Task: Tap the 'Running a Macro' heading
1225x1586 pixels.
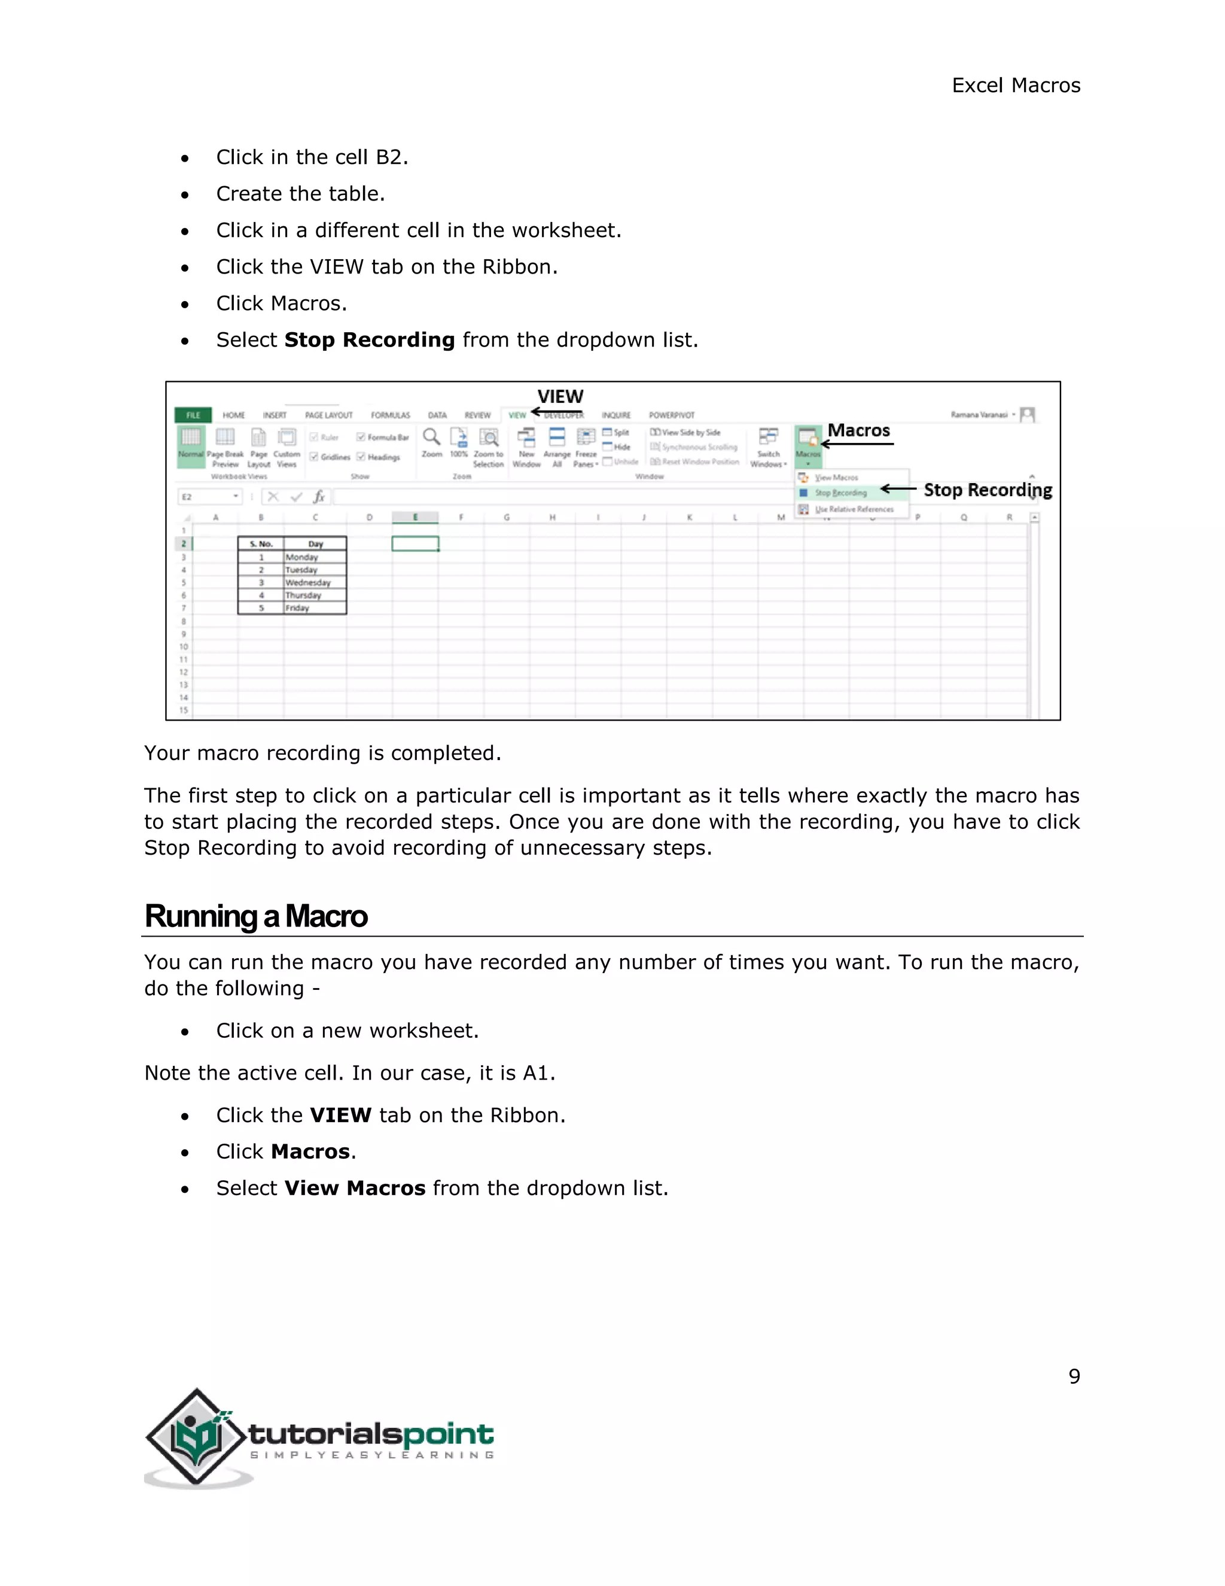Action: coord(256,916)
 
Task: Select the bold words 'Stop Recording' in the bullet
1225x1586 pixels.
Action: coord(370,340)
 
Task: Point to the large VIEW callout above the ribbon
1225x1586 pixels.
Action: coord(560,396)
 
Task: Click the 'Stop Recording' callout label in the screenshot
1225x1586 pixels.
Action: coord(987,490)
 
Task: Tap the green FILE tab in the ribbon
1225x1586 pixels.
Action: coord(193,415)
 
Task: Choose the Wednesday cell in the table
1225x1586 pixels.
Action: coord(307,582)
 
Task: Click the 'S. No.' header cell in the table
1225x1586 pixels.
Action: coord(261,544)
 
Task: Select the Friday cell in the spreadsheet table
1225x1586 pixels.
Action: coord(297,608)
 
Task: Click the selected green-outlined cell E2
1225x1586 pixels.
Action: coord(415,544)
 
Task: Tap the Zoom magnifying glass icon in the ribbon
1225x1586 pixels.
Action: coord(432,437)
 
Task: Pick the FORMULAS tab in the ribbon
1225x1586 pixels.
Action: coord(391,415)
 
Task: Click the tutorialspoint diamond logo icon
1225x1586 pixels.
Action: coord(196,1437)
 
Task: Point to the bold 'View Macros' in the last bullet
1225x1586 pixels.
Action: coord(355,1188)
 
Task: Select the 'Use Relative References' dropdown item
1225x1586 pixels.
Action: coord(854,510)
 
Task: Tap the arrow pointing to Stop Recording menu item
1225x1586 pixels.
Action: coord(898,490)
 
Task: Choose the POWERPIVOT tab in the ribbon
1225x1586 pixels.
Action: coord(671,415)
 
